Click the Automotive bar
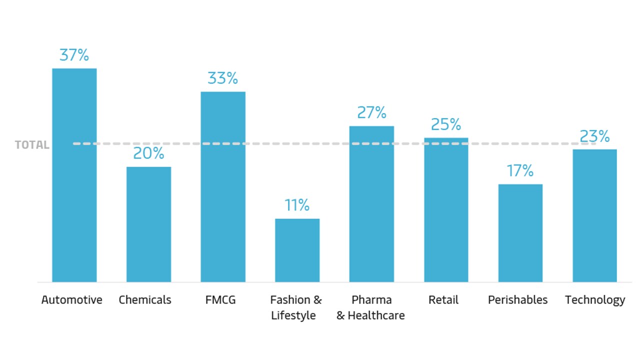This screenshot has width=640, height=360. click(x=74, y=175)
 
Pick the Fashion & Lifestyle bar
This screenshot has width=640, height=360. click(x=297, y=250)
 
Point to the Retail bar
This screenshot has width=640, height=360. click(x=446, y=209)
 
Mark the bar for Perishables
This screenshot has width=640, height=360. click(x=520, y=233)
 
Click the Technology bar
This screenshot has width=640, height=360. click(x=594, y=215)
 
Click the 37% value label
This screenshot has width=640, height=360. click(x=74, y=55)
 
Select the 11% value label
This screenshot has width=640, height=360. click(x=297, y=205)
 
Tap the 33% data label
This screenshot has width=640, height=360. click(x=222, y=78)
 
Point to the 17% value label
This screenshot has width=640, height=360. click(x=520, y=171)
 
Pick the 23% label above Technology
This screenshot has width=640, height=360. click(x=594, y=136)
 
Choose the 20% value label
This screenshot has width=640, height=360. click(x=148, y=153)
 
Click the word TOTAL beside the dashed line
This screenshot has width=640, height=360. click(x=32, y=145)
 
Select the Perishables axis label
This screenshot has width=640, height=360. click(x=517, y=300)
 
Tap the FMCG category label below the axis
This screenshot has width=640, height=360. click(x=220, y=300)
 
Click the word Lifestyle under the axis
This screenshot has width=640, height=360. click(x=293, y=315)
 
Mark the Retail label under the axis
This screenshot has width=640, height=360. click(x=443, y=300)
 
